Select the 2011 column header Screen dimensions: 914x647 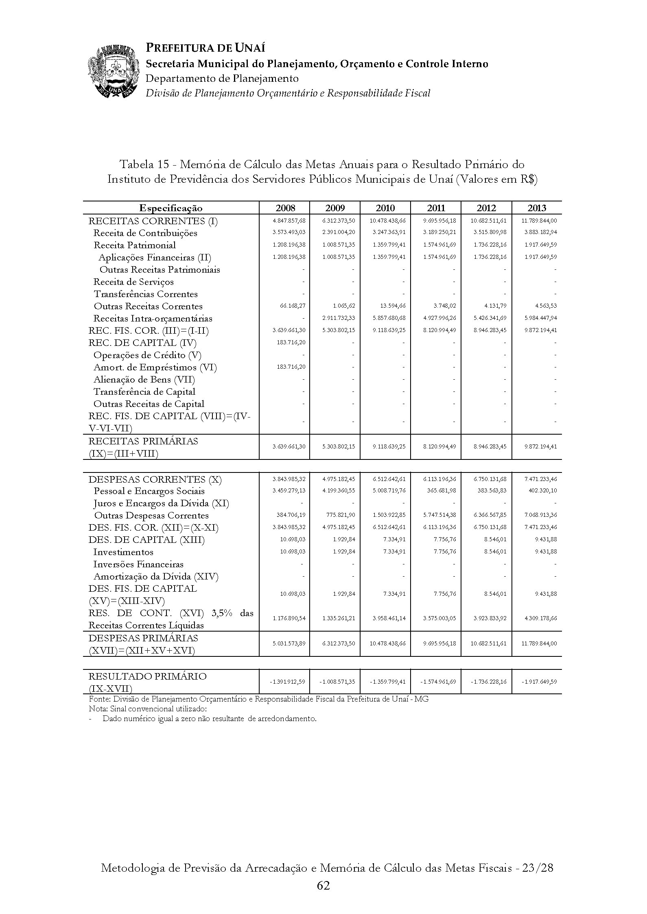pyautogui.click(x=436, y=208)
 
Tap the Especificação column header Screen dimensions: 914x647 pyautogui.click(x=171, y=208)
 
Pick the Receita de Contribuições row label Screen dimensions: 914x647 pyautogui.click(x=145, y=233)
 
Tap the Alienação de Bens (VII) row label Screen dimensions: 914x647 pyautogui.click(x=144, y=380)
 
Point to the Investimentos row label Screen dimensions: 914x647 pyautogui.click(x=123, y=552)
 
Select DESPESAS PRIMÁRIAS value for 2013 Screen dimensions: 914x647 pyautogui.click(x=539, y=644)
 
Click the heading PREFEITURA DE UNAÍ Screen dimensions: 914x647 pyautogui.click(x=205, y=48)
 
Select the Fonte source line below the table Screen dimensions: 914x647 pyautogui.click(x=258, y=699)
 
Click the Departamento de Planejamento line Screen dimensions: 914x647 pyautogui.click(x=222, y=79)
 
